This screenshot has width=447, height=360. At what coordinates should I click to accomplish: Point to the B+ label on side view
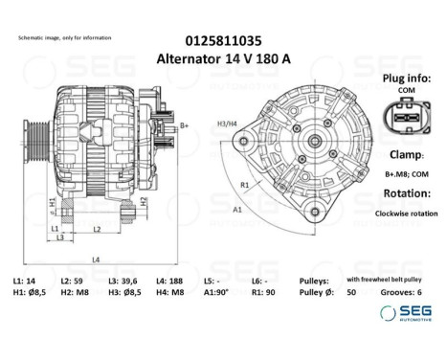pos(184,125)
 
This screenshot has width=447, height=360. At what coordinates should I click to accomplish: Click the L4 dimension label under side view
pos(95,259)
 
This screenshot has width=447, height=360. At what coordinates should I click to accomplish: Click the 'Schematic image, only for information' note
pos(63,36)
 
